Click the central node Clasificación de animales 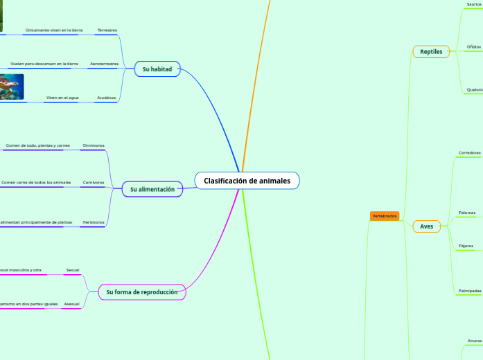[x=247, y=181]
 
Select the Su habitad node [x=157, y=69]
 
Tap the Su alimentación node [x=152, y=189]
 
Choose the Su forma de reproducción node [x=141, y=292]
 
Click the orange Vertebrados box [x=385, y=216]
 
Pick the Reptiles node [x=431, y=51]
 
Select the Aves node [x=426, y=226]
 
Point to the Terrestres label [x=107, y=30]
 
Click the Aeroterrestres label [x=104, y=64]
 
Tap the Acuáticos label [x=106, y=98]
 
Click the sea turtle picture [x=12, y=87]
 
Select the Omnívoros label [x=94, y=145]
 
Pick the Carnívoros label [x=94, y=182]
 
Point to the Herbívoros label [x=93, y=222]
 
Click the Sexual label [x=73, y=269]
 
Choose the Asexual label [x=71, y=304]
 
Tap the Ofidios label [x=474, y=46]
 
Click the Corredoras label [x=470, y=152]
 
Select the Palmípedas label [x=470, y=291]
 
